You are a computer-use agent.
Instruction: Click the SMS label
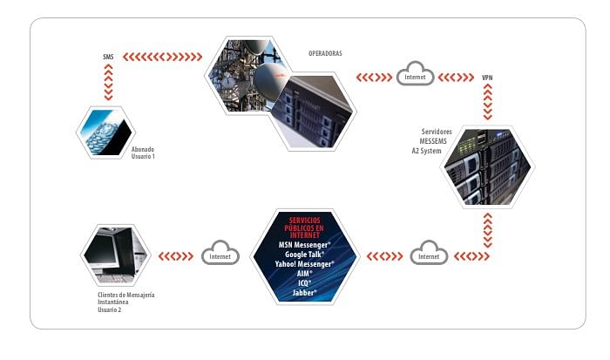coord(108,58)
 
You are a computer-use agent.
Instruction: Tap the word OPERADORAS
coord(325,53)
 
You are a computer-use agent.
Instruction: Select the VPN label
coord(487,78)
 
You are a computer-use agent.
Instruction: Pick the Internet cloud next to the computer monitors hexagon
coord(219,256)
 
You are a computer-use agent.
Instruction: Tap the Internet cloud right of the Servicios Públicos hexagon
coord(429,256)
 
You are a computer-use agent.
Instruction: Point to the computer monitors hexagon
coord(114,255)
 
